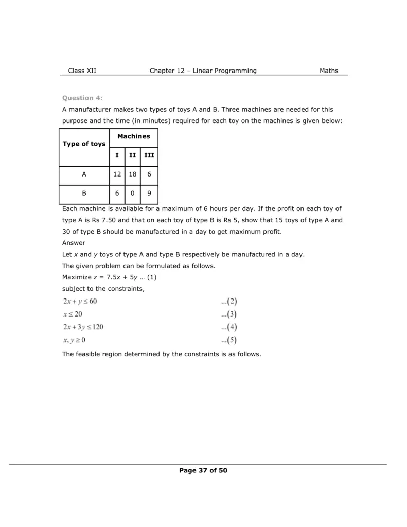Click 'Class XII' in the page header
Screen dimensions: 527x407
pos(82,71)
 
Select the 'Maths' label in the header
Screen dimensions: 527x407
pos(329,71)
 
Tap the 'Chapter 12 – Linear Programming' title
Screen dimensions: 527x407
pos(203,71)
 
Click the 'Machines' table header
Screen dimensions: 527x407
pos(134,136)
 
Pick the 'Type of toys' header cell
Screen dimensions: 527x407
pos(84,144)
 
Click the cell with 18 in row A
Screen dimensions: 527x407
pos(132,174)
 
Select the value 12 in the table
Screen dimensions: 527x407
pos(117,174)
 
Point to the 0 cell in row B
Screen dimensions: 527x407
pos(132,195)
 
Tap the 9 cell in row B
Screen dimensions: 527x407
pos(149,195)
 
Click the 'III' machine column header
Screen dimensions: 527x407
pos(149,154)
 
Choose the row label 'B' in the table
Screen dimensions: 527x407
pos(84,195)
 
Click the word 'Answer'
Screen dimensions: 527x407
pos(74,243)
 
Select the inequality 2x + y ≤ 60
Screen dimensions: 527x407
pos(80,301)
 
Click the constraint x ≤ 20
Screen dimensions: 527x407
pos(73,314)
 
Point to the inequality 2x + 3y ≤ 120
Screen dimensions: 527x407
pos(83,327)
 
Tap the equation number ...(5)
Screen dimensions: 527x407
pos(229,340)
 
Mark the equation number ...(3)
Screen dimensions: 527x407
pos(229,314)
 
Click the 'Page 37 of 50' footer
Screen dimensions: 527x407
pos(203,470)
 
